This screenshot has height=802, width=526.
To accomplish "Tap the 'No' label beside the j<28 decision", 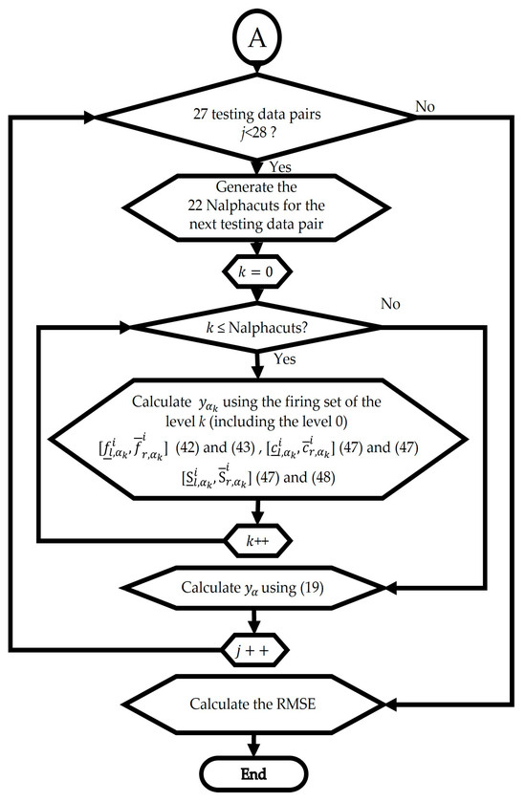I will (x=426, y=106).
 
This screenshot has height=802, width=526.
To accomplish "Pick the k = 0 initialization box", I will (x=254, y=274).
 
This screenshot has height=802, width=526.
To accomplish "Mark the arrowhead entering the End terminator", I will (x=254, y=751).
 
